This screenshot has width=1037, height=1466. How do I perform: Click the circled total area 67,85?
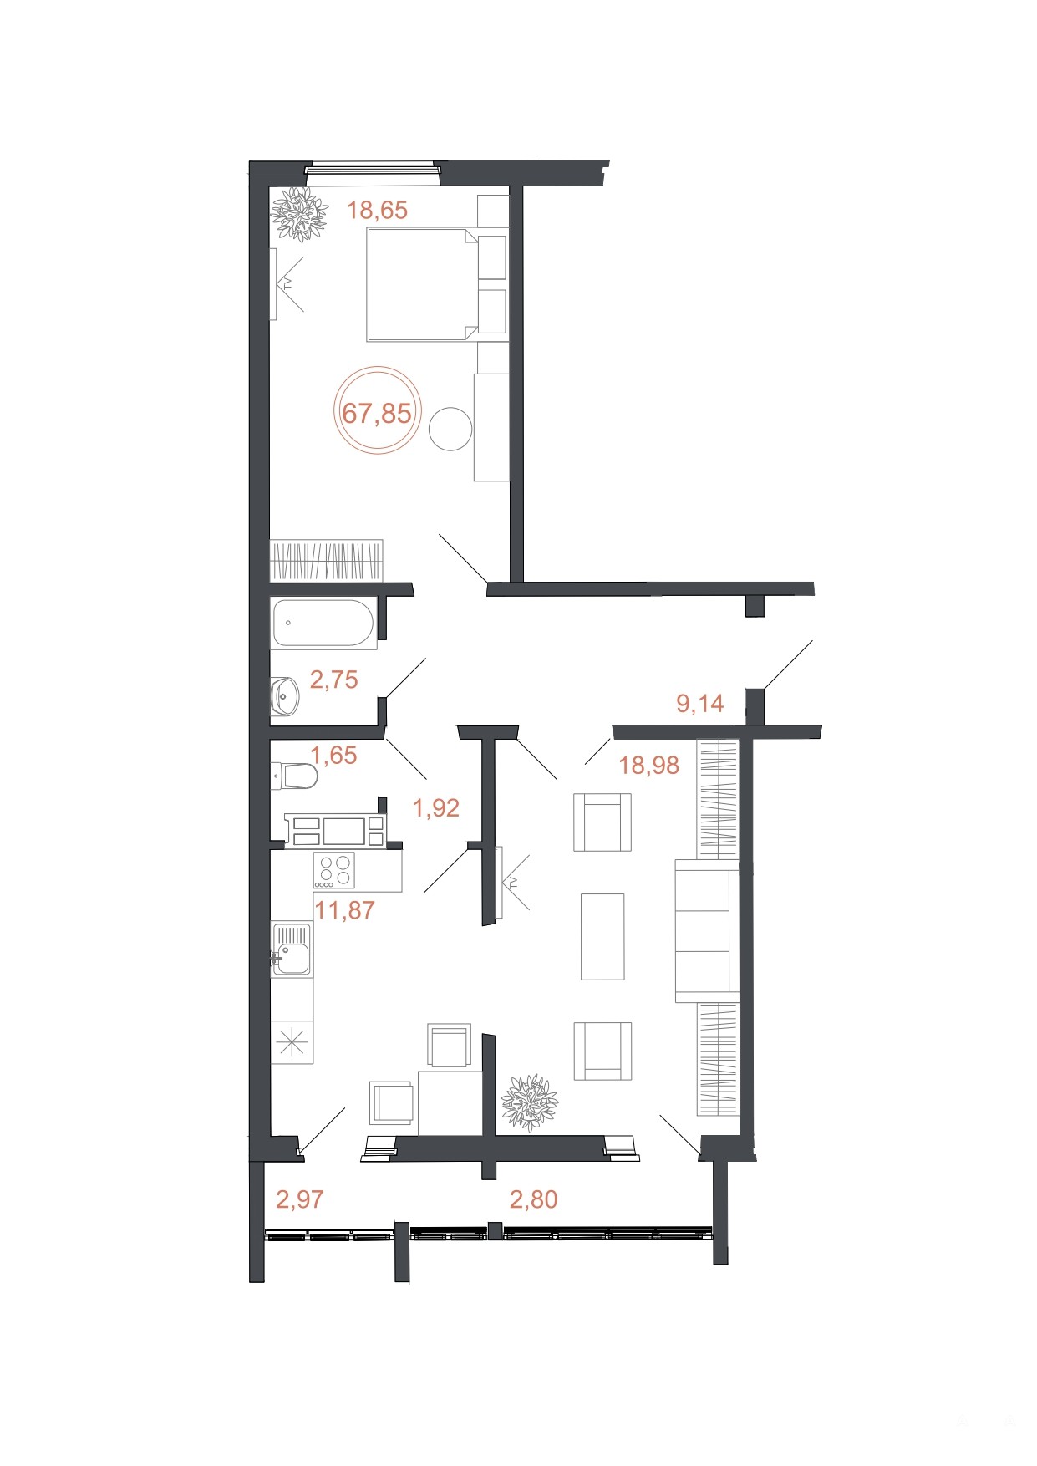377,413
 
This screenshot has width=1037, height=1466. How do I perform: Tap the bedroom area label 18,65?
378,210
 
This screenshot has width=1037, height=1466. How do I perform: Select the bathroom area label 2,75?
333,680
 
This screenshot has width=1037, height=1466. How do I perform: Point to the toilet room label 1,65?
333,755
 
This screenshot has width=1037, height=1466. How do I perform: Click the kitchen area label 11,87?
344,909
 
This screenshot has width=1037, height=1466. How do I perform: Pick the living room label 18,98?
649,765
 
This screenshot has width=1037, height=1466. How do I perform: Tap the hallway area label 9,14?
700,703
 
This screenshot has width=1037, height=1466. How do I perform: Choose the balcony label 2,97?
299,1199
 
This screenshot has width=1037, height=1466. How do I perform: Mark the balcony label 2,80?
533,1199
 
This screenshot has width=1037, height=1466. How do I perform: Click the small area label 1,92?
436,807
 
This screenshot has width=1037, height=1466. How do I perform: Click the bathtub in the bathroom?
323,624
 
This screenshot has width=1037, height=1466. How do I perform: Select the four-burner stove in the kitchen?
334,870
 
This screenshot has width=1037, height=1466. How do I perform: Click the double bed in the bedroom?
421,284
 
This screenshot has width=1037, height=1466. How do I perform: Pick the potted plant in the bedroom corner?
298,214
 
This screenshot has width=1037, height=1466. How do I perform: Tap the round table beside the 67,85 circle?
450,428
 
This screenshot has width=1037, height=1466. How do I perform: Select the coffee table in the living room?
602,936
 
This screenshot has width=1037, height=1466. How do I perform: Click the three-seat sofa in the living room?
707,930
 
